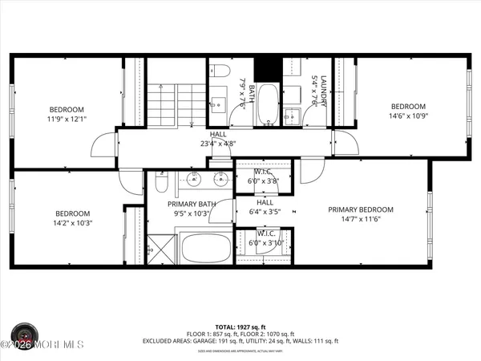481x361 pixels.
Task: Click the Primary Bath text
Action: tap(189, 209)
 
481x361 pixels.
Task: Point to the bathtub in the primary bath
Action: tap(202, 249)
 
